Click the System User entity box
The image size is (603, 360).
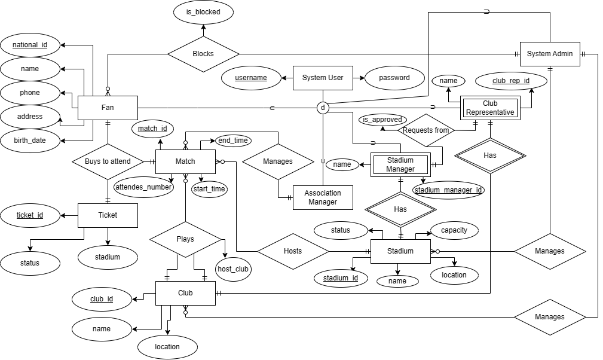click(323, 78)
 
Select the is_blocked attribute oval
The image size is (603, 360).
click(203, 11)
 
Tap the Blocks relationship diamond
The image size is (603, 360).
click(203, 54)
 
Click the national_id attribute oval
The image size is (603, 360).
click(30, 45)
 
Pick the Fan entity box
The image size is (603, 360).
click(108, 108)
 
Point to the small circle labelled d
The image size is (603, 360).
click(323, 108)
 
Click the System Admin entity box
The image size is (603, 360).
click(550, 54)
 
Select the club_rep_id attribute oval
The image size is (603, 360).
click(510, 80)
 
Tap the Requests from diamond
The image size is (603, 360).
click(426, 130)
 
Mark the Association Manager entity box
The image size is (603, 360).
click(323, 197)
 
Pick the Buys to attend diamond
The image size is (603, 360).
click(108, 161)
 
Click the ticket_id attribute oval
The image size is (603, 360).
click(30, 215)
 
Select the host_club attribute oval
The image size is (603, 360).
click(233, 269)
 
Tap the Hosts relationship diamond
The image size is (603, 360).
click(293, 251)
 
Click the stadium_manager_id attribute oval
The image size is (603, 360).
click(449, 190)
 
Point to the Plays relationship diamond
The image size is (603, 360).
click(185, 238)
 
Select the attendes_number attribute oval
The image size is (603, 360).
click(144, 187)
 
